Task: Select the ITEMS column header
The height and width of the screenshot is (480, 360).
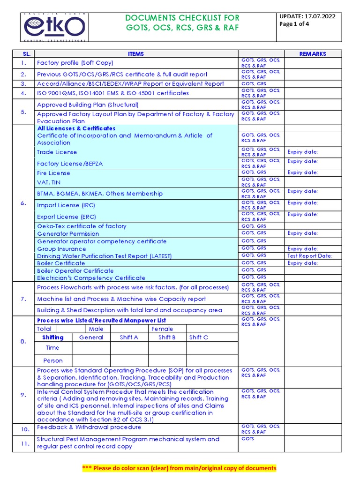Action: tap(136, 54)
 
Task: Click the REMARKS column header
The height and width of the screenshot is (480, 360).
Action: tap(313, 54)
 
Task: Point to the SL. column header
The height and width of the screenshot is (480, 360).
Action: tap(23, 54)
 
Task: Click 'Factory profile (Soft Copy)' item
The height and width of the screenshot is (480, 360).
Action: tap(75, 63)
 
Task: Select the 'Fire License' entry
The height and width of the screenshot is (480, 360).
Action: tap(53, 173)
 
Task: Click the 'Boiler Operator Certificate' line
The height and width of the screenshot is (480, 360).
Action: tap(75, 270)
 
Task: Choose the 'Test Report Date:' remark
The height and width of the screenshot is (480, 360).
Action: tap(310, 256)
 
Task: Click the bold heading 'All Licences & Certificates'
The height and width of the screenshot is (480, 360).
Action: tap(76, 128)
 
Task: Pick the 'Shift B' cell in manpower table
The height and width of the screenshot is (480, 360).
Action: tap(167, 337)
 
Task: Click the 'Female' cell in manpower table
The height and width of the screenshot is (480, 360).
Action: tap(162, 329)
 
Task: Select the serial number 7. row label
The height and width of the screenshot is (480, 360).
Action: tap(23, 299)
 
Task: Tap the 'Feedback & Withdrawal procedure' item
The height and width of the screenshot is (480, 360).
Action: tap(89, 427)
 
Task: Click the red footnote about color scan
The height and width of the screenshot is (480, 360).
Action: tap(180, 468)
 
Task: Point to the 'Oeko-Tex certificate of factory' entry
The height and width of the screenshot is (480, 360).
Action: tap(82, 226)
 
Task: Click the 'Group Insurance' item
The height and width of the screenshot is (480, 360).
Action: tap(61, 249)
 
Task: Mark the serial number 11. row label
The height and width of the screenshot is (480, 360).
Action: tap(23, 443)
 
